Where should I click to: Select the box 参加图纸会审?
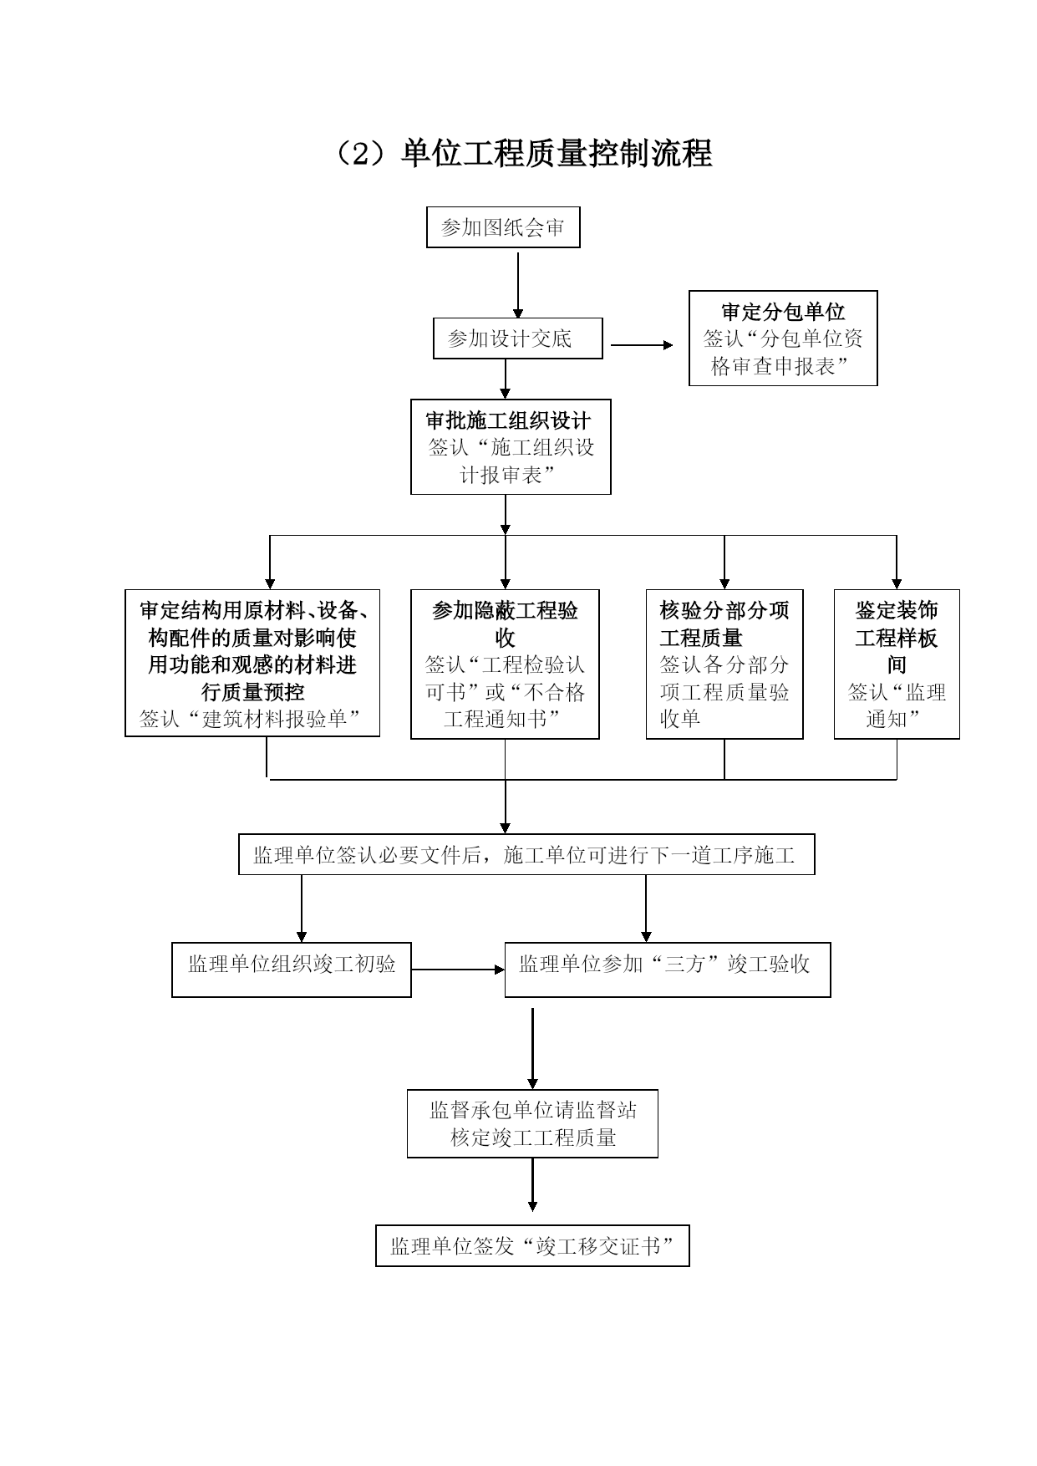(503, 227)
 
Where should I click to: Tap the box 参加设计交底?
(518, 339)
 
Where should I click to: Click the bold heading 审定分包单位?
(783, 313)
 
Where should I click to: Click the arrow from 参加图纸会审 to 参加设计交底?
(518, 285)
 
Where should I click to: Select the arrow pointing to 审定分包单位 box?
(642, 344)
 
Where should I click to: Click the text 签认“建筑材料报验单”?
(252, 719)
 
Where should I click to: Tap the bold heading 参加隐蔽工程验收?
(505, 624)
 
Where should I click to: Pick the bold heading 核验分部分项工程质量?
(724, 624)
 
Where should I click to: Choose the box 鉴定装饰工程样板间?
(897, 664)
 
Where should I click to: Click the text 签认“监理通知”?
(897, 705)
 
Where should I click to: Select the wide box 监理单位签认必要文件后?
(526, 854)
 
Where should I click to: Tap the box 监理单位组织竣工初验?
(292, 970)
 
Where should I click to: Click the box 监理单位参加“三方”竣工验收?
(668, 970)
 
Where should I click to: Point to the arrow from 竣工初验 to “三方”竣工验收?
(459, 970)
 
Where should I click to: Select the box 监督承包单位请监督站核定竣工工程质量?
(532, 1123)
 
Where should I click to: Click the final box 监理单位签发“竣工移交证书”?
(532, 1246)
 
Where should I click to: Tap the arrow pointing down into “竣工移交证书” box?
(532, 1184)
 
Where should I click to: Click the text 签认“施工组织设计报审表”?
(511, 461)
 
